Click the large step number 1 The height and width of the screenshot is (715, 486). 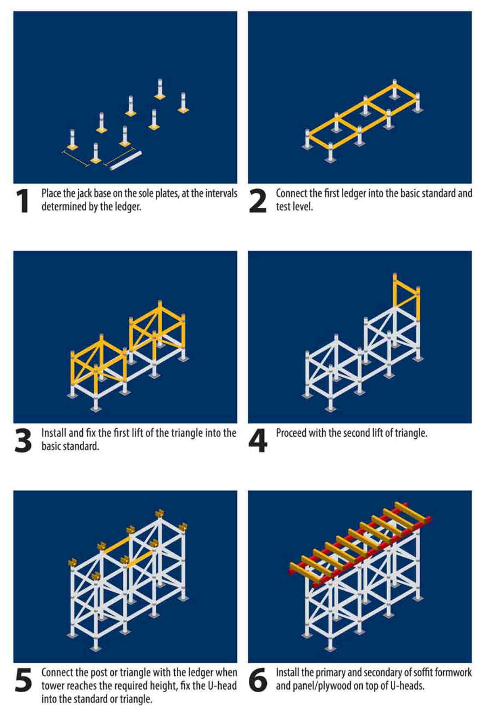point(23,201)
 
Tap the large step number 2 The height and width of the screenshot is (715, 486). point(258,201)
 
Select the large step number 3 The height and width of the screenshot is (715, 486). point(23,440)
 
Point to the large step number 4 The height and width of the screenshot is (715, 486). point(258,440)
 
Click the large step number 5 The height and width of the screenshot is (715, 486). point(23,680)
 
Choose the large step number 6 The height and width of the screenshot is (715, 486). point(258,680)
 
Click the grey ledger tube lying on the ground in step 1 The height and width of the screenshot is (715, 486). point(125,161)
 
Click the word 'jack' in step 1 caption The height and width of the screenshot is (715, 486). point(84,194)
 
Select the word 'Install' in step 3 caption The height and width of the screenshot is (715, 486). point(54,433)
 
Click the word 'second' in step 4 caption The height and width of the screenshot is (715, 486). point(358,433)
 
